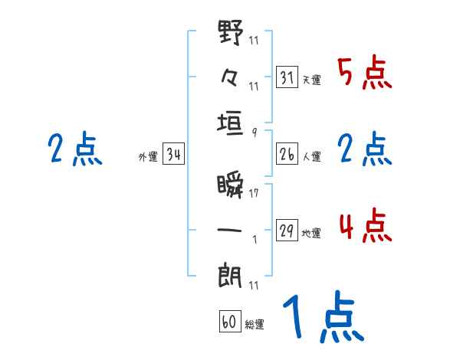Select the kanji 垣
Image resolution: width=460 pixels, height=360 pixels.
coord(231,122)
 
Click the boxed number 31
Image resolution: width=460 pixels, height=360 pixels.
coord(287,78)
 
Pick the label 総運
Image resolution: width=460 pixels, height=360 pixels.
coord(254,324)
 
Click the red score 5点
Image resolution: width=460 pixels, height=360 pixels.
coord(364,74)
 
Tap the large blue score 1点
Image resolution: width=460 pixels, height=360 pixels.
coord(322,318)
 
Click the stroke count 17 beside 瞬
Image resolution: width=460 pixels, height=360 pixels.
coord(254,193)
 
